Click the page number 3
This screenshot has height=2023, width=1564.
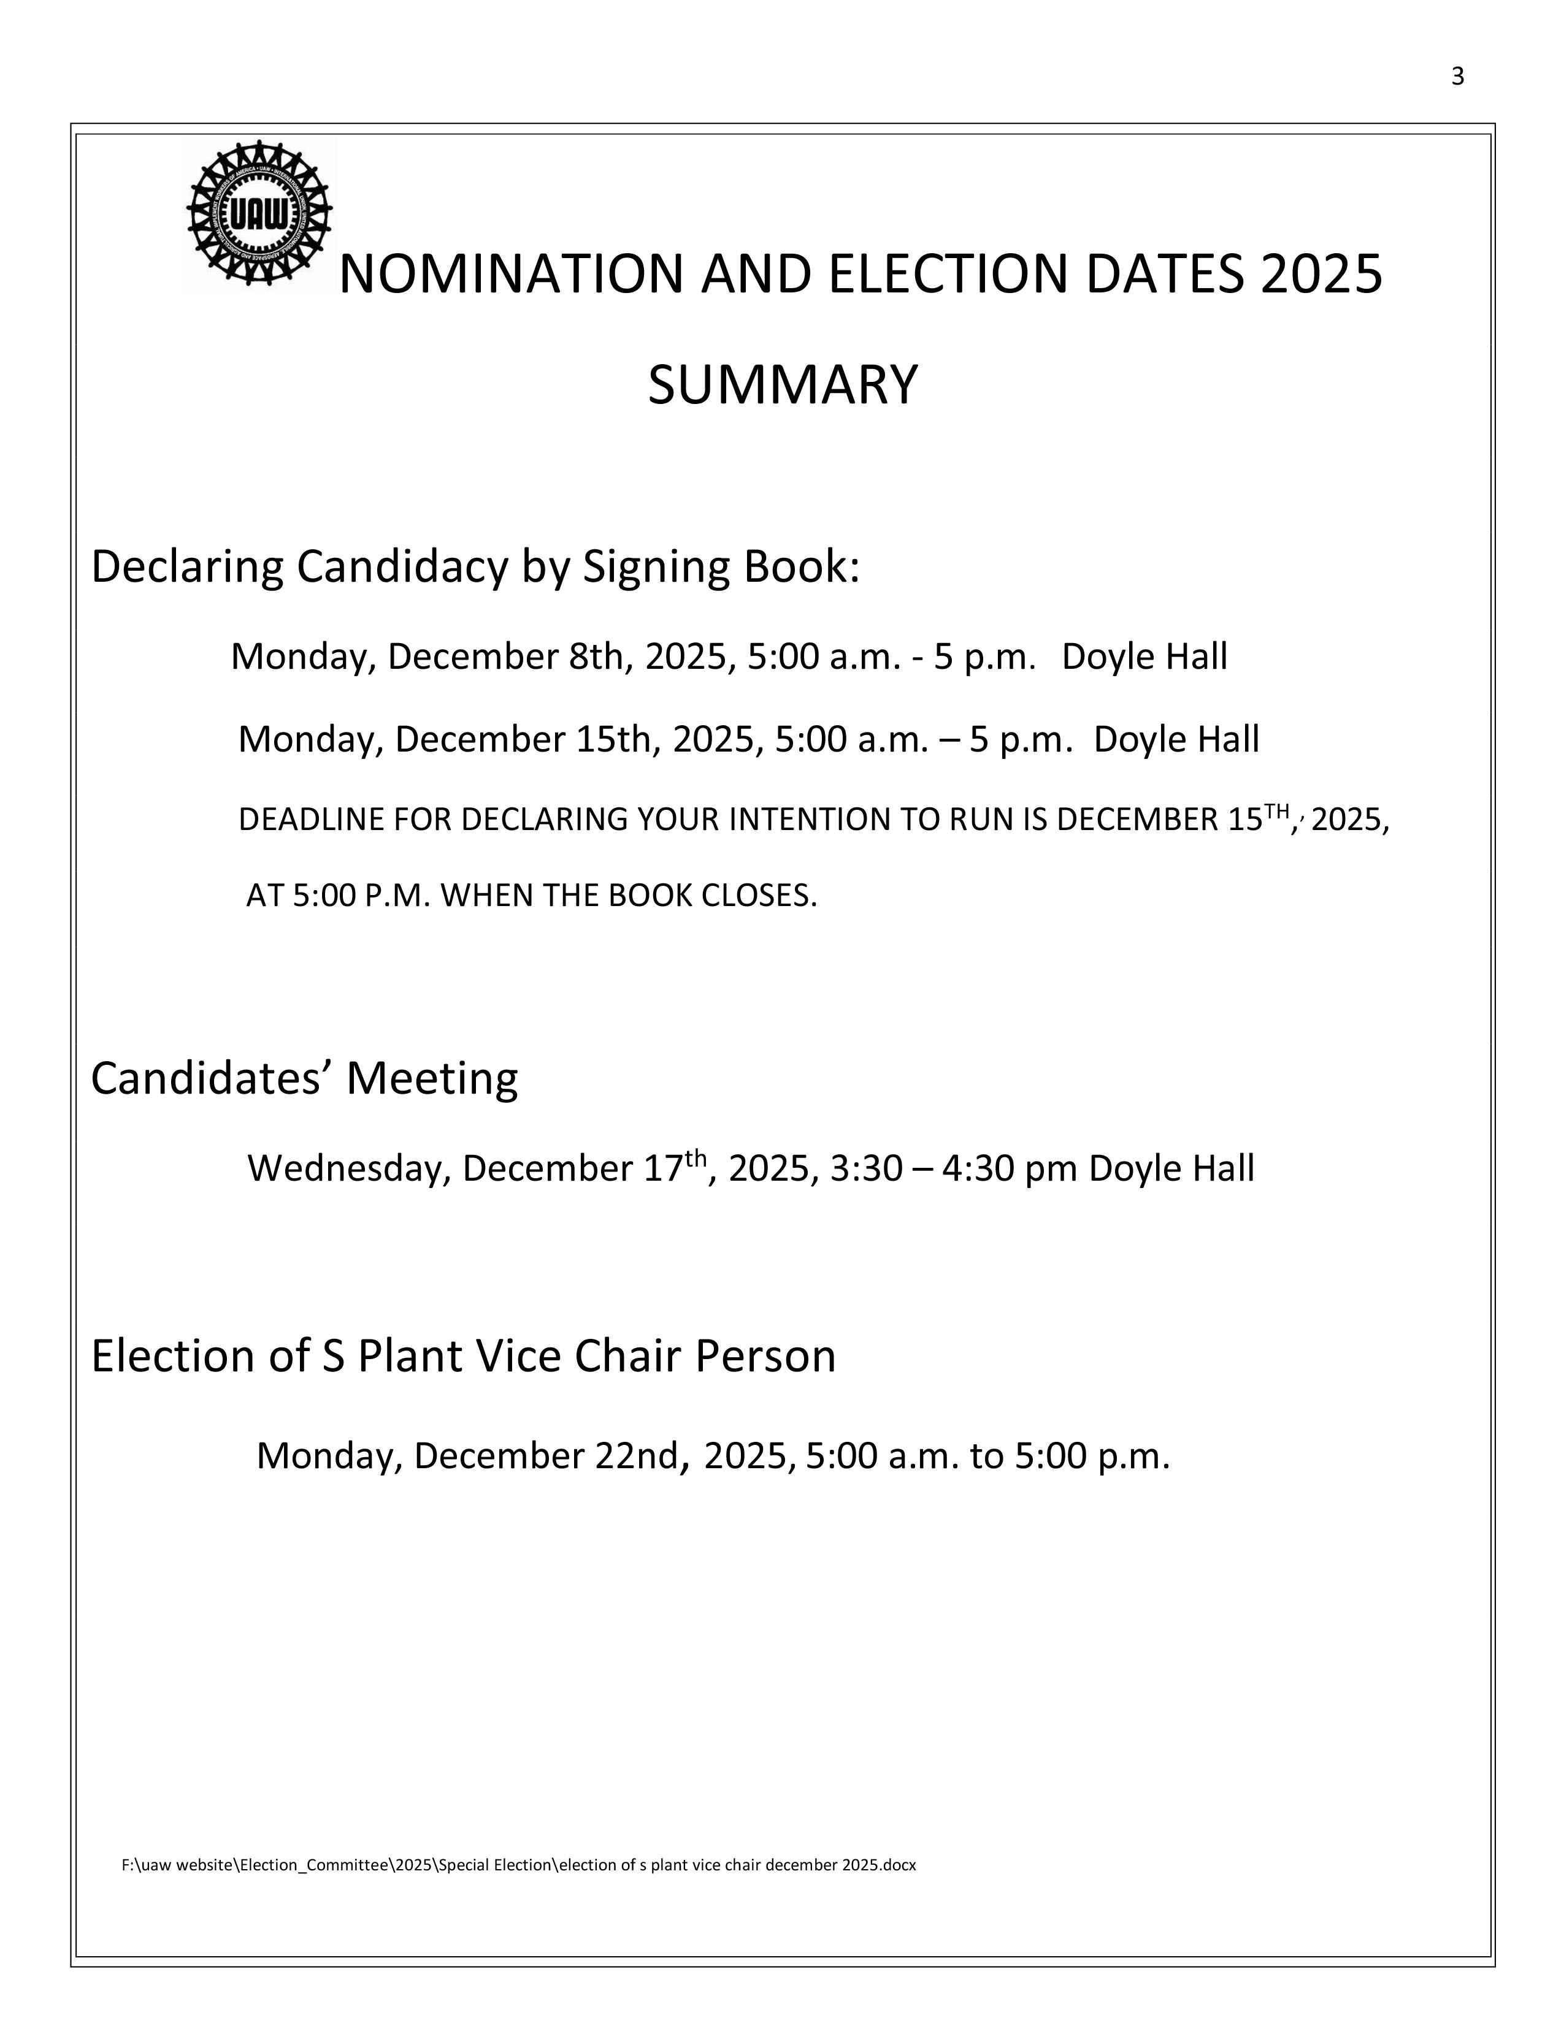[x=1457, y=77]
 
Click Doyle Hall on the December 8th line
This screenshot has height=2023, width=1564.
[x=1144, y=657]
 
